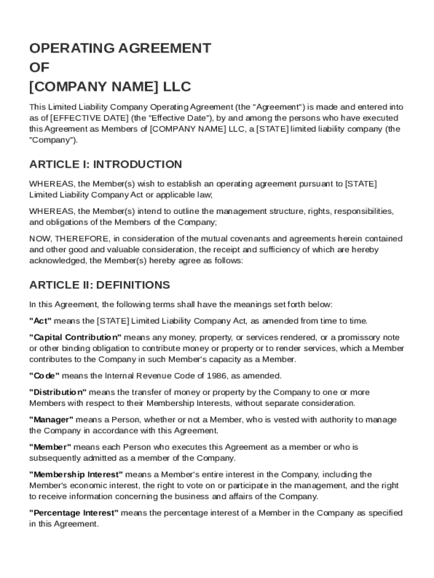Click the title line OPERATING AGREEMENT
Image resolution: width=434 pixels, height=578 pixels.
click(x=120, y=48)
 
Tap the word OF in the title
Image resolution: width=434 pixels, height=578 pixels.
click(x=39, y=68)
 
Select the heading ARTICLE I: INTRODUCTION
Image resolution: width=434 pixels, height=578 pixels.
click(x=105, y=164)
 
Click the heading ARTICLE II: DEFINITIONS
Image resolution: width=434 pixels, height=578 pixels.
click(x=99, y=285)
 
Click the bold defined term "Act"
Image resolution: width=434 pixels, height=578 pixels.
click(x=41, y=321)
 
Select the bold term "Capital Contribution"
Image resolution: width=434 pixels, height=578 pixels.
click(x=75, y=338)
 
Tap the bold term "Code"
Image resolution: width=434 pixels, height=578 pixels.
click(x=44, y=376)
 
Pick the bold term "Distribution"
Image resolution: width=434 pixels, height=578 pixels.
click(x=57, y=392)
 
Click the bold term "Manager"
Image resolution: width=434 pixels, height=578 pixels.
click(x=51, y=420)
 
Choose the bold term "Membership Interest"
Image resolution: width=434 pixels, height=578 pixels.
click(x=76, y=475)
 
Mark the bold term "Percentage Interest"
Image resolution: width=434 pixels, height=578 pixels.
click(x=74, y=513)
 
